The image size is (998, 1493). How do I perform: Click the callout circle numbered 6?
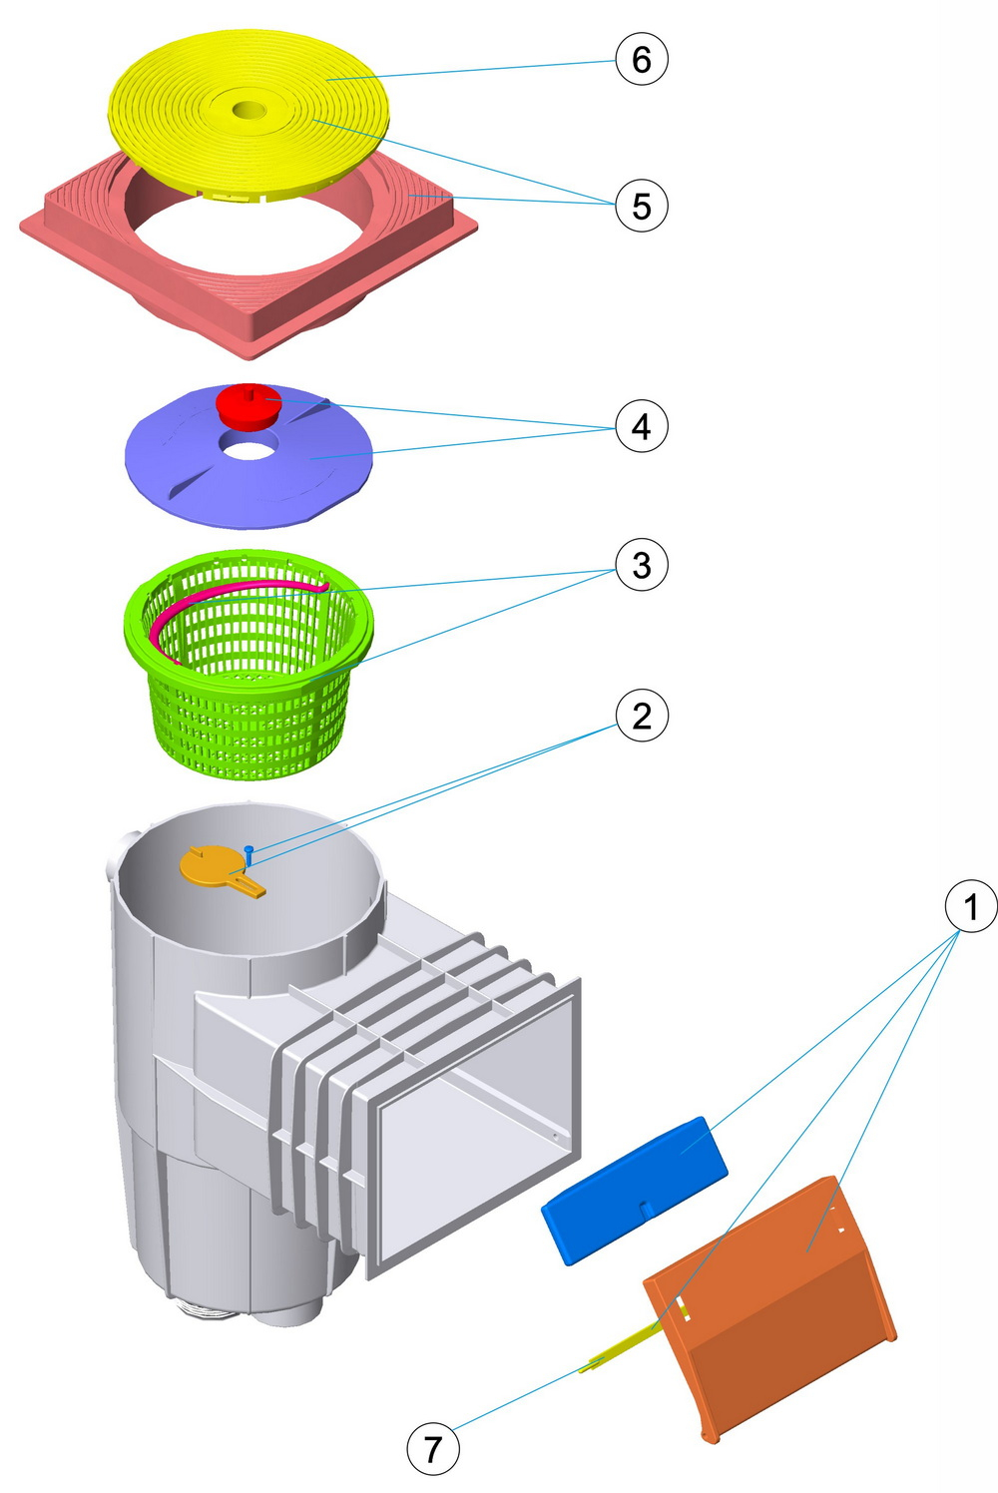[x=641, y=59]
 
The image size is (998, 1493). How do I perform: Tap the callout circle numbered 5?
[x=641, y=206]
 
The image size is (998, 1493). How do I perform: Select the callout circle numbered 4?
[x=641, y=426]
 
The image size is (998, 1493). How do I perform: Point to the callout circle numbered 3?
[x=641, y=565]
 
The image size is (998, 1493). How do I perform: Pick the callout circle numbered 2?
[x=641, y=716]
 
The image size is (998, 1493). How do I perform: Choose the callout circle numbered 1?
[x=970, y=906]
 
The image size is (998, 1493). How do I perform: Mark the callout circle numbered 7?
[x=433, y=1448]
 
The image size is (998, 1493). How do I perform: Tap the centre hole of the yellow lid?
[x=246, y=110]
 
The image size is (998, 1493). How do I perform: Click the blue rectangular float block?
[x=635, y=1190]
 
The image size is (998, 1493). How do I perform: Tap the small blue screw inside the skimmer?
[x=249, y=853]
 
